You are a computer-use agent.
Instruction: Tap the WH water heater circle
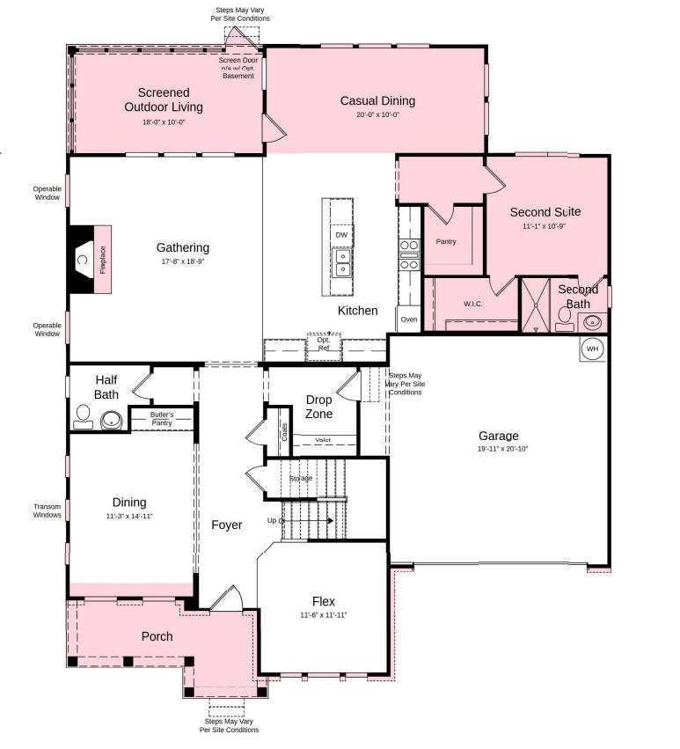pos(593,349)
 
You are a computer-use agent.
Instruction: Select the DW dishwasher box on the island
pos(342,236)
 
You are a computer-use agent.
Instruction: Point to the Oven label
pos(409,319)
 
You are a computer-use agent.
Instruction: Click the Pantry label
pos(446,241)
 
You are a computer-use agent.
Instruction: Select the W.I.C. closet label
pos(473,305)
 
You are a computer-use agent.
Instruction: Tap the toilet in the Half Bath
pos(84,415)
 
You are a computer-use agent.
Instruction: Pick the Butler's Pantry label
pos(161,418)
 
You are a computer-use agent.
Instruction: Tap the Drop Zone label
pos(318,407)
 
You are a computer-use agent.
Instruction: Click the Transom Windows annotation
pos(47,510)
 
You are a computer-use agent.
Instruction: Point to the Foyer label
pos(226,525)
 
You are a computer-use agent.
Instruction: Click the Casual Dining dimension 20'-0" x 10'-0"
pos(377,114)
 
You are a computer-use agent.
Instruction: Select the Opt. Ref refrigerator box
pos(324,345)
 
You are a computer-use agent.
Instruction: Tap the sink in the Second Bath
pos(592,321)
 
